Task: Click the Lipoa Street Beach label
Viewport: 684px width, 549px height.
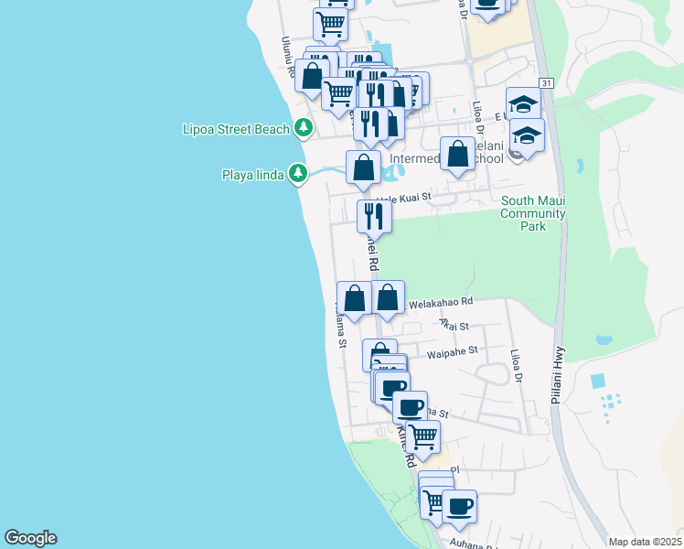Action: click(x=236, y=129)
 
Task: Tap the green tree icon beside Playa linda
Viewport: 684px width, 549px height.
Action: click(x=298, y=173)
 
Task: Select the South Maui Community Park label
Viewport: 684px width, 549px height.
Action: click(x=532, y=213)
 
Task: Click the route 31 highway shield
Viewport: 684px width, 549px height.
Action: click(x=546, y=83)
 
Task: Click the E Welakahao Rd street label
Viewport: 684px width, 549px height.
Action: click(x=437, y=301)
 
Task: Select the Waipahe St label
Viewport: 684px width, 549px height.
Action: click(x=453, y=350)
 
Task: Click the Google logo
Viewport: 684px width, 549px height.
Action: click(x=30, y=538)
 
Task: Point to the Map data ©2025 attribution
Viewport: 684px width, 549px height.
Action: click(x=645, y=541)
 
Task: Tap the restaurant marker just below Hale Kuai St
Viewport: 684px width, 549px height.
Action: click(x=374, y=216)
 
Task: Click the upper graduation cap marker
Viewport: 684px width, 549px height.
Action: click(x=523, y=104)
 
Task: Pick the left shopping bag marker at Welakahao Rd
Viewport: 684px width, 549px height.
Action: click(x=354, y=297)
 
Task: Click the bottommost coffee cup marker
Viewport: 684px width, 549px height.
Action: click(x=459, y=505)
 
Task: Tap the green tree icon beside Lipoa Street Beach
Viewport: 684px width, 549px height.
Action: click(x=303, y=129)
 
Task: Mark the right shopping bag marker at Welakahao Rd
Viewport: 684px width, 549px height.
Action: click(x=388, y=297)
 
